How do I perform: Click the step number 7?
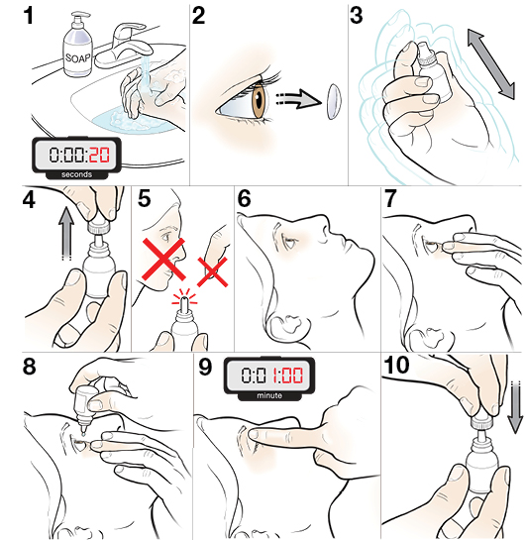click(391, 199)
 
